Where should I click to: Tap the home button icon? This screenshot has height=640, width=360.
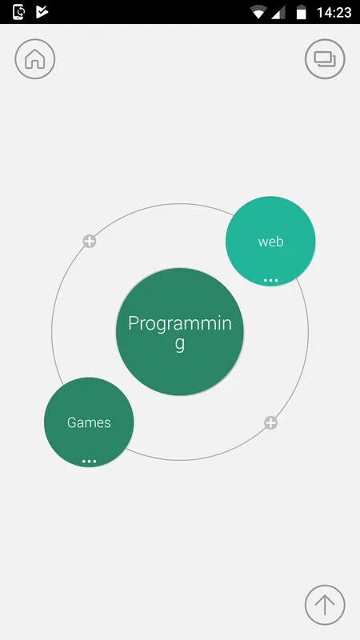click(x=35, y=58)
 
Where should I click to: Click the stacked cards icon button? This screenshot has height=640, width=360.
click(x=325, y=58)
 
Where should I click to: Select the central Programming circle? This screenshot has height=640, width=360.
click(x=180, y=332)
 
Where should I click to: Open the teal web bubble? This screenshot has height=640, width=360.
click(x=270, y=242)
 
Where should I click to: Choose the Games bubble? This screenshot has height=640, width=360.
click(x=89, y=422)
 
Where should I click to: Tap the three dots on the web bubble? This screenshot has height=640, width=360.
click(x=270, y=281)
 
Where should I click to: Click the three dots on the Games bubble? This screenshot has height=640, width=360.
click(x=89, y=462)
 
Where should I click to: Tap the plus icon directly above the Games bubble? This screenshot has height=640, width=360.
click(x=90, y=242)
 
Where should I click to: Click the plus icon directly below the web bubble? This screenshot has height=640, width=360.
click(x=270, y=423)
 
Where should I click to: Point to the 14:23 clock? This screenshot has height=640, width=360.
click(x=334, y=13)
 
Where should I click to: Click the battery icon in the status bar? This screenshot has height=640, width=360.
click(x=302, y=12)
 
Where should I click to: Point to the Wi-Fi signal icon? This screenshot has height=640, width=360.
click(x=258, y=13)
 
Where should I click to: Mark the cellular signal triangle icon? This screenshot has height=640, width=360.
click(x=278, y=13)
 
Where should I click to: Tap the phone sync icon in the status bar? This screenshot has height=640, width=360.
click(x=18, y=12)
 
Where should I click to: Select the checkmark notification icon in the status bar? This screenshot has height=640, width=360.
click(x=42, y=12)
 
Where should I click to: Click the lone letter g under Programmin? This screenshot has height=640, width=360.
click(x=180, y=344)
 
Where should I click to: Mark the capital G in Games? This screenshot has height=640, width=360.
click(x=72, y=422)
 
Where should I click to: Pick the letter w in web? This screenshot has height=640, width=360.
click(x=263, y=242)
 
